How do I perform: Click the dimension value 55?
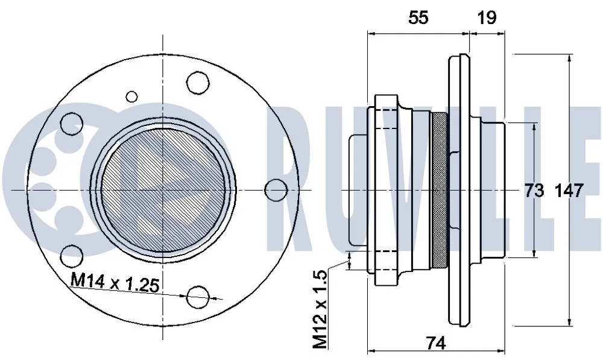pyautogui.click(x=418, y=17)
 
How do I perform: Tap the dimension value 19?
pyautogui.click(x=487, y=17)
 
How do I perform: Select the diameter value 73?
pyautogui.click(x=534, y=191)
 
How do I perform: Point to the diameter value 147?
pyautogui.click(x=570, y=191)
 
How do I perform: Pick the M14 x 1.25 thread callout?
pyautogui.click(x=115, y=283)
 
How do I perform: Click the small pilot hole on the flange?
pyautogui.click(x=131, y=96)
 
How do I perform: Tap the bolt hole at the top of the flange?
pyautogui.click(x=198, y=83)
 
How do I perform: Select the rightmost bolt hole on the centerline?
pyautogui.click(x=277, y=190)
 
